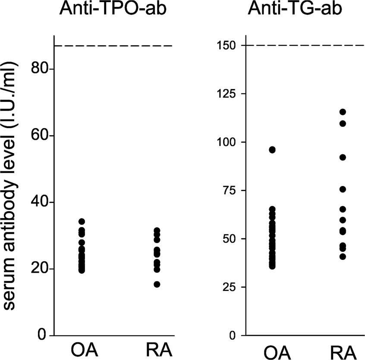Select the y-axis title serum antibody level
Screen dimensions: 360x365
[13, 186]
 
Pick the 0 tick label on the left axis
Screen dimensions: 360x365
[42, 335]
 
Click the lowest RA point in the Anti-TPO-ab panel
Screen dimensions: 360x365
[157, 284]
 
